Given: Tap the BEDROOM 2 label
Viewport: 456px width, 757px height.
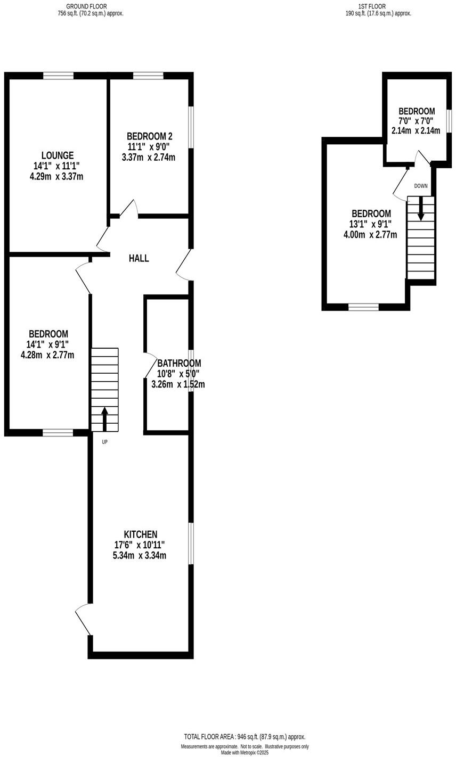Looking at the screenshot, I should [149, 136].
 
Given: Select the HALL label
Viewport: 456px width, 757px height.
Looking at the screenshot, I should [139, 258].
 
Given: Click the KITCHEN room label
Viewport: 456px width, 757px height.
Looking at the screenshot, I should [141, 534].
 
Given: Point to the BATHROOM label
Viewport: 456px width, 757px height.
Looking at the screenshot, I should [179, 363].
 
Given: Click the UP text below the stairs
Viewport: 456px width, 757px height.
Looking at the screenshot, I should [104, 442].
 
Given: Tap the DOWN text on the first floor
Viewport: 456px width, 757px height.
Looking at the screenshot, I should [421, 186].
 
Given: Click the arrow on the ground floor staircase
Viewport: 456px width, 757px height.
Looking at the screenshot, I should [104, 418].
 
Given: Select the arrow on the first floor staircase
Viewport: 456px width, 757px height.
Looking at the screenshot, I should [421, 209].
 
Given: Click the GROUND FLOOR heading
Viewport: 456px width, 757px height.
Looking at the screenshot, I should [86, 6].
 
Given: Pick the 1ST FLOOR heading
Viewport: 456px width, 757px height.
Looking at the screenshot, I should [372, 6].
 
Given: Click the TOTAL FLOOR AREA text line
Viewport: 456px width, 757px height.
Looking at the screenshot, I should [245, 737].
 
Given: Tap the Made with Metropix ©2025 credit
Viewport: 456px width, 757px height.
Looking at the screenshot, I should [245, 753].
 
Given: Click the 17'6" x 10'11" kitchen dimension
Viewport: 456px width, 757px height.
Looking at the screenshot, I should [140, 545].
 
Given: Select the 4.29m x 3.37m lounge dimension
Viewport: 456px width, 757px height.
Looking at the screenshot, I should [56, 176].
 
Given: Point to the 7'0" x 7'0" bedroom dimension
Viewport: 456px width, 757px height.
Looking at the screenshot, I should [417, 121].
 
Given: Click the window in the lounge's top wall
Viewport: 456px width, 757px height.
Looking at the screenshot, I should [59, 76].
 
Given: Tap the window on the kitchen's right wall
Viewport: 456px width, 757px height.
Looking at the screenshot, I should [191, 543].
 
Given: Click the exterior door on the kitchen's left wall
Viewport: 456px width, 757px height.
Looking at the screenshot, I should [84, 620].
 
